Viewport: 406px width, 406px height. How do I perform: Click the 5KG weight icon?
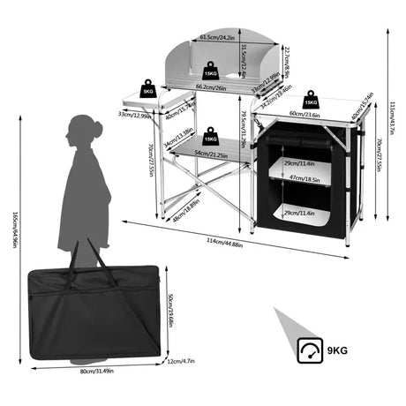[147, 89]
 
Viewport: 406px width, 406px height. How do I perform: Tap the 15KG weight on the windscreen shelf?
[212, 71]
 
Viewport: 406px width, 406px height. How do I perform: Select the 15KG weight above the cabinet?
[310, 100]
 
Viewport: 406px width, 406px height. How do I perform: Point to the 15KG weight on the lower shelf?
[210, 138]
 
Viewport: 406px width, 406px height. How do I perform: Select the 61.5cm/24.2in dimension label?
[216, 38]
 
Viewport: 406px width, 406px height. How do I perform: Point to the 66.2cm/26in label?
[212, 87]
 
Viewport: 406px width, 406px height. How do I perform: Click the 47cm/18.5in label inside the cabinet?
[300, 178]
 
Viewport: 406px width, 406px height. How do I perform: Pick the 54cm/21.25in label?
[208, 154]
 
